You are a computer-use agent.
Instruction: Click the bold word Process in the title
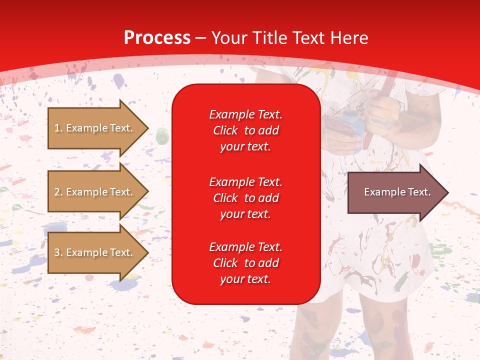point(157,38)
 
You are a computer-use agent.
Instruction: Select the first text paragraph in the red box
point(245,130)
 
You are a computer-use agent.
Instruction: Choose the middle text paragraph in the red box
point(245,198)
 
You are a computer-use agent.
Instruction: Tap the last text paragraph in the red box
point(245,263)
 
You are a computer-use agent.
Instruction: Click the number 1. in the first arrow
point(58,128)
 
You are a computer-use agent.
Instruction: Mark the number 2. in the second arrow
point(58,192)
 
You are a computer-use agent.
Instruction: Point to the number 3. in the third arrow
point(58,252)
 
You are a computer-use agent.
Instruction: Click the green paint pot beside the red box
point(162,135)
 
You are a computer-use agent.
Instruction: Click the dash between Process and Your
point(201,38)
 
